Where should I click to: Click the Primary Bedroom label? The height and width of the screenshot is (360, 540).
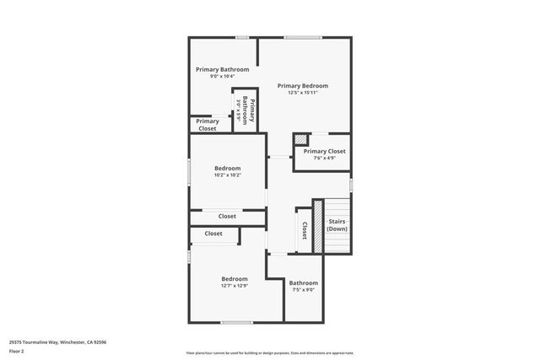tap(302, 85)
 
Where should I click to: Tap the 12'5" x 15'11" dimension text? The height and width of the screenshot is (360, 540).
tap(302, 93)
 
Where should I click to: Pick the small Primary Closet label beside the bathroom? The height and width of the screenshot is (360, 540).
tap(208, 124)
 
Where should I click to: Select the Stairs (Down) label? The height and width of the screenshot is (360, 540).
tap(337, 225)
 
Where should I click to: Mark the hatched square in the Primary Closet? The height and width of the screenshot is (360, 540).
tap(300, 141)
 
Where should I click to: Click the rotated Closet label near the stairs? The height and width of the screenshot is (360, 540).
tap(304, 229)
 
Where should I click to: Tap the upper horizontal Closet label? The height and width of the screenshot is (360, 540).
tap(227, 217)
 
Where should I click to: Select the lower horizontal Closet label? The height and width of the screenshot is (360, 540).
tap(213, 234)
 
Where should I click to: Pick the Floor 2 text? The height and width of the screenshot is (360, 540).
tap(16, 352)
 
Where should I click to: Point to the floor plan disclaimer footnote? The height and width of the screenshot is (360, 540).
tap(269, 352)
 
